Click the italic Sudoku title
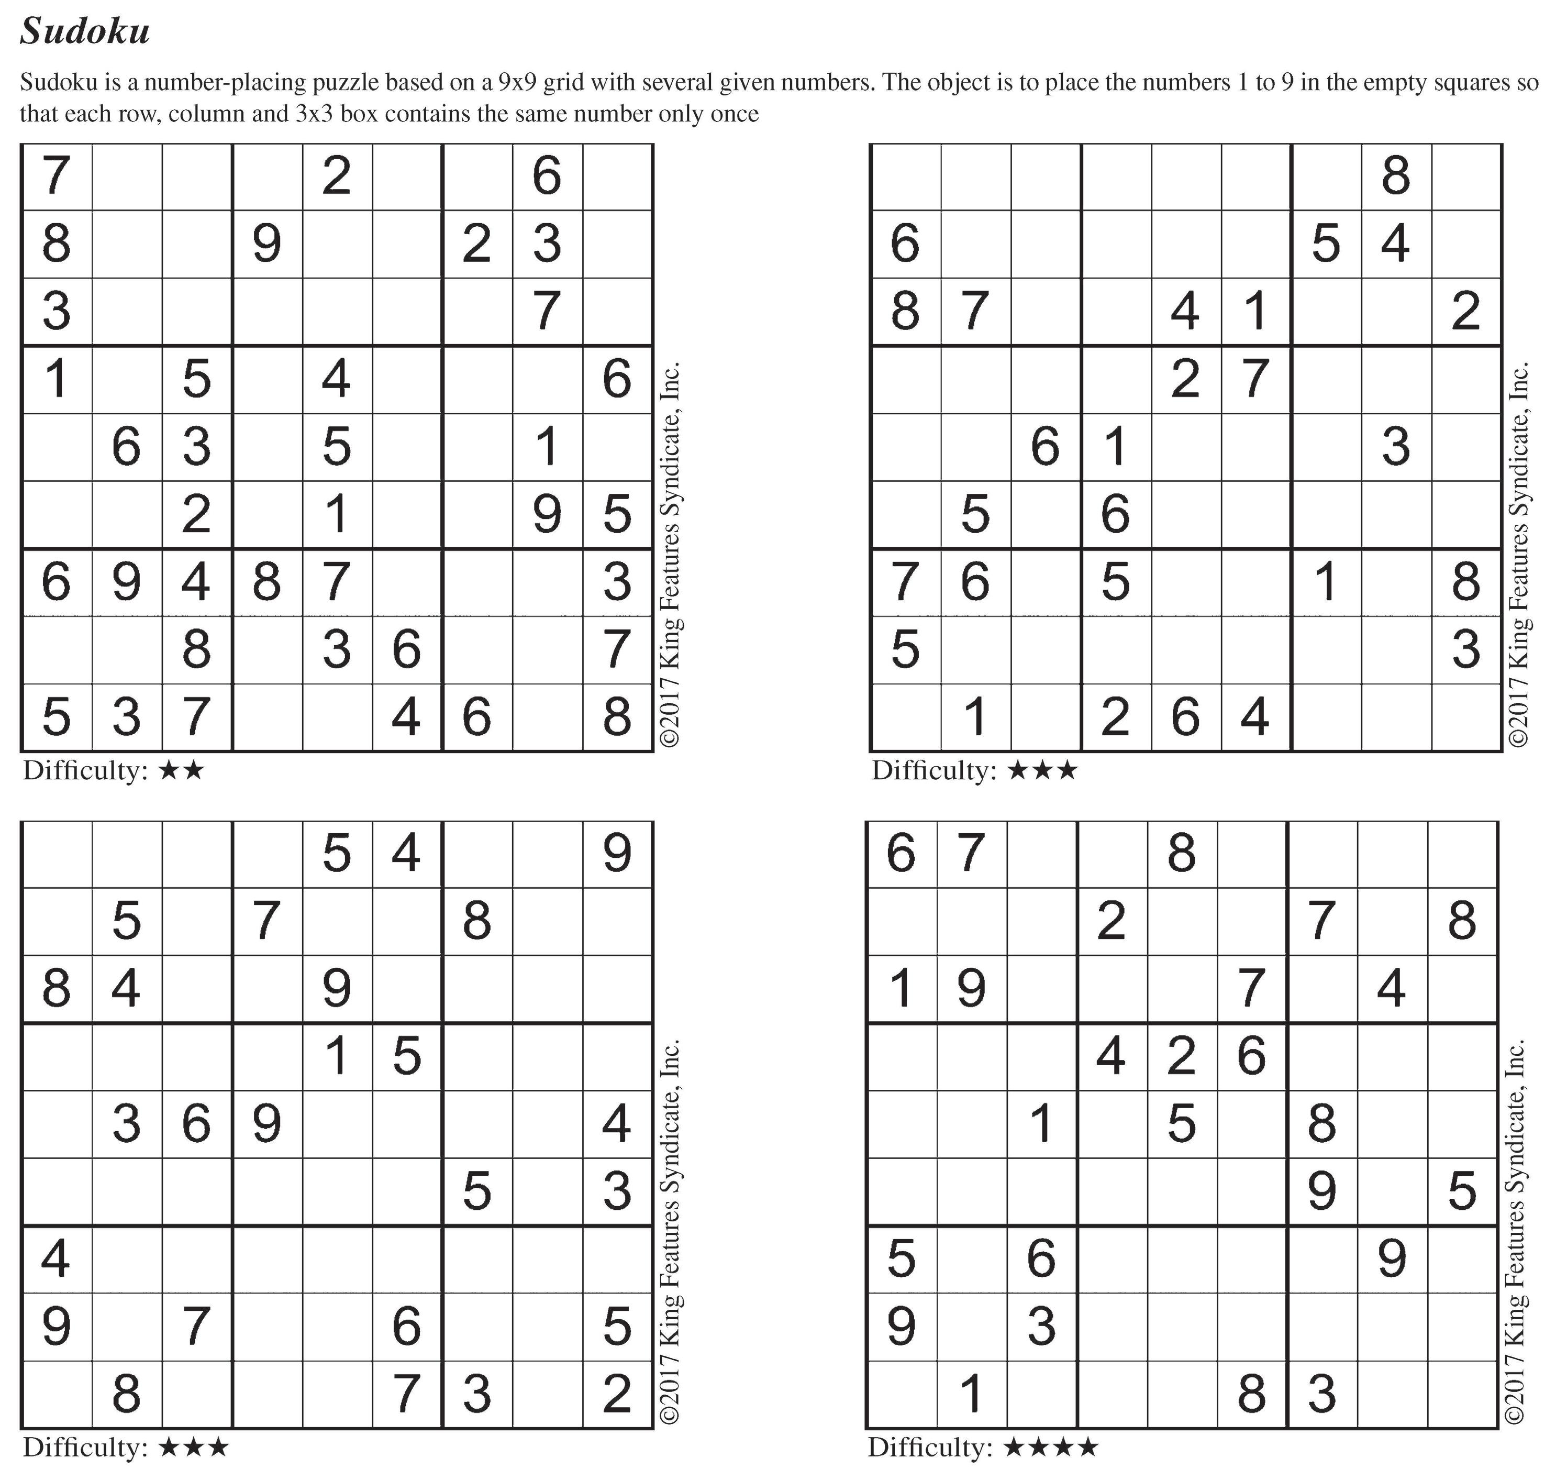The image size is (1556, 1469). click(x=84, y=32)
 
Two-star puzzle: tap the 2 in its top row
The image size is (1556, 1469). click(x=337, y=176)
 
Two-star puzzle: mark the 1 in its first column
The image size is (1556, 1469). click(x=57, y=379)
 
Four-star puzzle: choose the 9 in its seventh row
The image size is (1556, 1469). click(x=1392, y=1259)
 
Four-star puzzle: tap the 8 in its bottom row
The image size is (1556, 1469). click(x=1251, y=1394)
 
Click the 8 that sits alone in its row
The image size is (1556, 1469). click(x=1396, y=176)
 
